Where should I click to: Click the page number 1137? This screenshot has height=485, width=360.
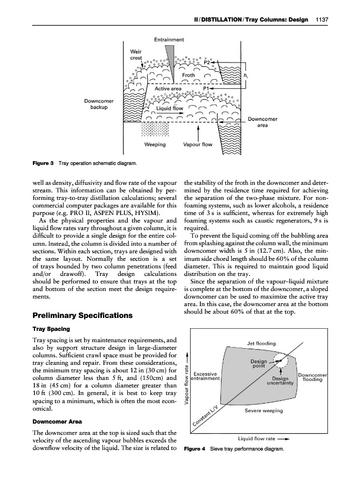321,20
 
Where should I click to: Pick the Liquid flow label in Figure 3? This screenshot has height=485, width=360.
170,108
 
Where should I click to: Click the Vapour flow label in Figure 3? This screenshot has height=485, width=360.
199,144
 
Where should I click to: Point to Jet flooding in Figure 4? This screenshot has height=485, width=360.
261,343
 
